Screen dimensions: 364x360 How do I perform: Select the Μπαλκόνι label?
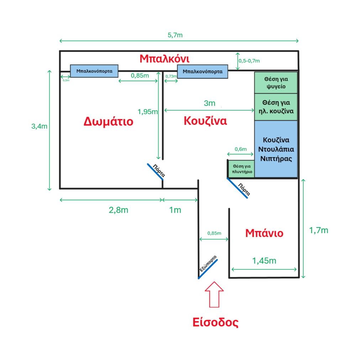click(x=164, y=58)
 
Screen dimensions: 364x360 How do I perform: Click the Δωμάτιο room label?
click(x=108, y=122)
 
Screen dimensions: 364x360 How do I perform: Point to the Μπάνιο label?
click(x=264, y=233)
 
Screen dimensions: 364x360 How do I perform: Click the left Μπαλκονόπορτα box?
click(x=94, y=71)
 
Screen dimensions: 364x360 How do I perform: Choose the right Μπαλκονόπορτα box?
click(x=202, y=71)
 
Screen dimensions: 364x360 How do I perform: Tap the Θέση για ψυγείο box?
click(x=276, y=82)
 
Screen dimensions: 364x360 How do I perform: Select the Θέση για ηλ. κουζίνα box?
click(x=276, y=107)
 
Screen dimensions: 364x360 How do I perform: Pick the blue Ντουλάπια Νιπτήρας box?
click(x=276, y=149)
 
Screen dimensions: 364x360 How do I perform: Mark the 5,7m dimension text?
click(x=175, y=35)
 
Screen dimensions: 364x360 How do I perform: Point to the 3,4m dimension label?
click(x=39, y=126)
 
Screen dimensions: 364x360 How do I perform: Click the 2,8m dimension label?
click(x=118, y=210)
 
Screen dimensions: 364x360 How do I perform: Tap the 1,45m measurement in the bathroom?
click(x=264, y=261)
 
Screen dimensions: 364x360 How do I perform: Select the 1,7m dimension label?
click(x=319, y=230)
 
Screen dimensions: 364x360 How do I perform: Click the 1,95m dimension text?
click(x=148, y=112)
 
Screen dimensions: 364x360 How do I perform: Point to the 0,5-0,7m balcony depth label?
click(x=249, y=61)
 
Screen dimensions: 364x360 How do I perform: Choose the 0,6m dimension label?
click(x=240, y=149)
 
